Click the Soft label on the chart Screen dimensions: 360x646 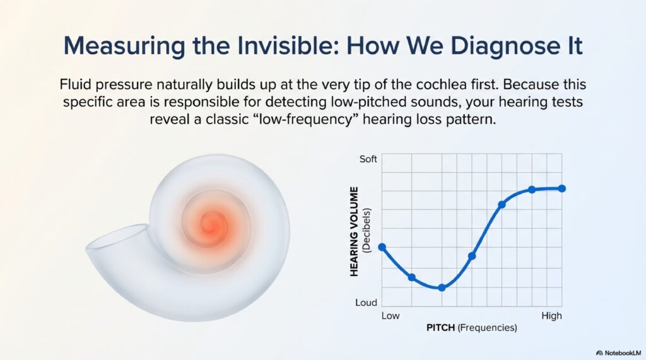coord(368,159)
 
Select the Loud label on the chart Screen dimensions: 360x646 coord(366,303)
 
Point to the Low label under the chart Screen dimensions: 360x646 coord(391,315)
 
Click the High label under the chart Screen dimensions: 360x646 coord(551,315)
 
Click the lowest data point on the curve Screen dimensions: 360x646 coord(442,287)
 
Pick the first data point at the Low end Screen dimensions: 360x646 coord(382,247)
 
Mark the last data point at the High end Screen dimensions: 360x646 coord(562,189)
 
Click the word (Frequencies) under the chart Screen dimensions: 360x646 coord(488,328)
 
